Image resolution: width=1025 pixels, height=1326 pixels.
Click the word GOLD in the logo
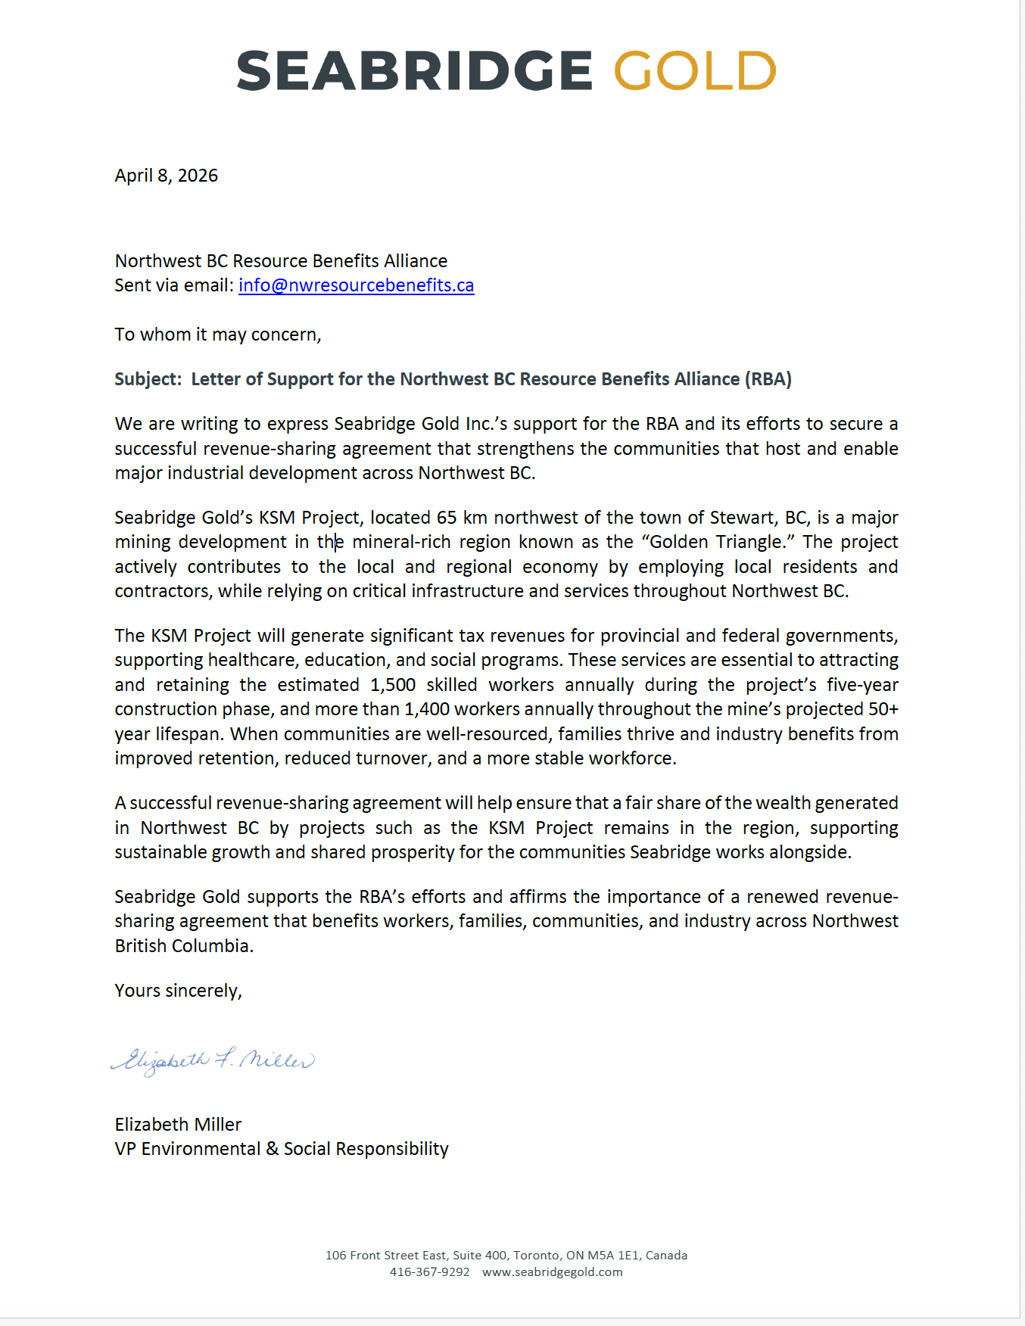pos(694,70)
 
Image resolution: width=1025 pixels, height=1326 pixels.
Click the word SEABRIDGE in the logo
pos(414,70)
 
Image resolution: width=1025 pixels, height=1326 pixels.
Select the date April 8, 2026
pos(167,176)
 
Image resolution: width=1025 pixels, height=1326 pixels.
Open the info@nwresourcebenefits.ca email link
pos(356,285)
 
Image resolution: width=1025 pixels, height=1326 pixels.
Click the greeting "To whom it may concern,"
pos(218,335)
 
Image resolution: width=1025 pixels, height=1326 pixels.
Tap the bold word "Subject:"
pos(148,379)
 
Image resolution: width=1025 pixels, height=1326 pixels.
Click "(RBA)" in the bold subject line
pos(768,379)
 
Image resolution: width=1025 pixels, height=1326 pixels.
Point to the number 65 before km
pos(447,518)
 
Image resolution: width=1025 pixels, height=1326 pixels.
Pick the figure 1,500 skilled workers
pos(393,685)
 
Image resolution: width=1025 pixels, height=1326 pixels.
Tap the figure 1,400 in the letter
pos(427,709)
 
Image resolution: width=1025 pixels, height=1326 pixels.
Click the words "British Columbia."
pos(184,946)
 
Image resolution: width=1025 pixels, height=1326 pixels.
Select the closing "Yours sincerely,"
pos(178,991)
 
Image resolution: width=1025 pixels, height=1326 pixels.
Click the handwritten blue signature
pos(213,1060)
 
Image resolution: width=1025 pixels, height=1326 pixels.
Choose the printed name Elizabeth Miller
pos(178,1125)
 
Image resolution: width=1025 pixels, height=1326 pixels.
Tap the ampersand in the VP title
pos(273,1149)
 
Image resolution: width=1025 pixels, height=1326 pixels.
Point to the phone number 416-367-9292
pos(429,1272)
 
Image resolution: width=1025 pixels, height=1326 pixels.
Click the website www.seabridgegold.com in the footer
pos(552,1272)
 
